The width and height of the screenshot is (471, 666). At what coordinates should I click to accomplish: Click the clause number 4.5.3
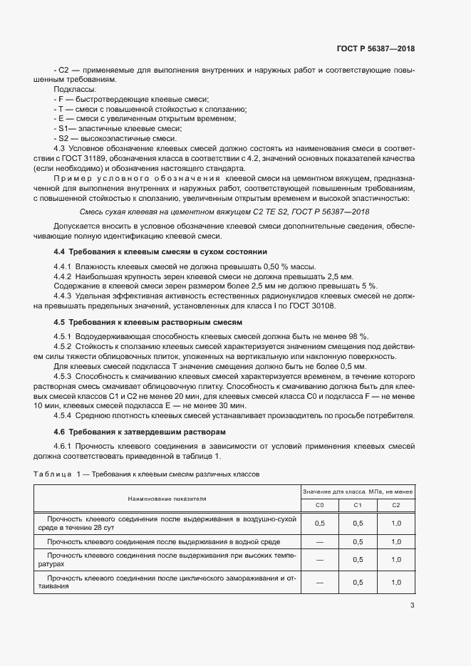click(x=66, y=374)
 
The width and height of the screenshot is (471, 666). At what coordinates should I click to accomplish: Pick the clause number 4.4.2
click(x=66, y=276)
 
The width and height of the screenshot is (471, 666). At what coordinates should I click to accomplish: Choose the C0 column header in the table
click(x=319, y=505)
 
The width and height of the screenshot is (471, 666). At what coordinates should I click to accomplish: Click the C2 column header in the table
click(x=396, y=505)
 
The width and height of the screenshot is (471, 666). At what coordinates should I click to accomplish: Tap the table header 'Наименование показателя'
click(x=167, y=499)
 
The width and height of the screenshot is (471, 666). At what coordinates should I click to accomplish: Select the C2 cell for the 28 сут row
click(x=396, y=523)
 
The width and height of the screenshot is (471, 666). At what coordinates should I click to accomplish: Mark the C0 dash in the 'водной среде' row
click(x=319, y=542)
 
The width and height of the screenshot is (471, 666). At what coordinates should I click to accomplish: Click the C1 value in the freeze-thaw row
click(x=358, y=582)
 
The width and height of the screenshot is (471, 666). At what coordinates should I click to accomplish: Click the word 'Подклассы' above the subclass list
click(x=73, y=90)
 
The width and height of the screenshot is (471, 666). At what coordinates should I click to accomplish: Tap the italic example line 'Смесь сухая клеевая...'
click(x=225, y=211)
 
